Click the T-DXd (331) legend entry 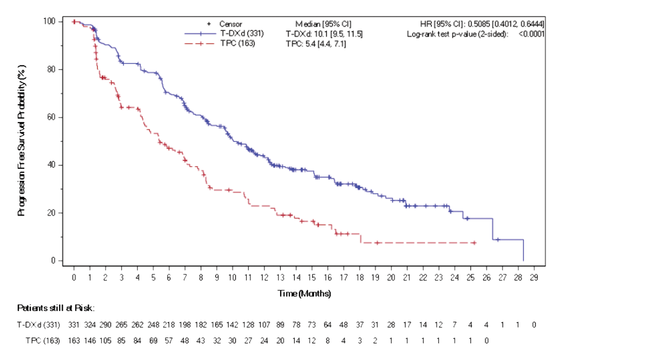[242, 33]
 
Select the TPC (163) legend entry [237, 43]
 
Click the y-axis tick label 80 [51, 69]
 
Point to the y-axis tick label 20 [51, 213]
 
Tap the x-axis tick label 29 [534, 278]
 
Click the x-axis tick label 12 [264, 278]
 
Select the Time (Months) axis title [304, 294]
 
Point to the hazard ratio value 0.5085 [478, 24]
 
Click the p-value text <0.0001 [531, 34]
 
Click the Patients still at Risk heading [56, 308]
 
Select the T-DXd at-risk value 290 [105, 325]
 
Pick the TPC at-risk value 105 [105, 341]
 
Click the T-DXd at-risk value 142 [232, 325]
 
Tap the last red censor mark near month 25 [474, 243]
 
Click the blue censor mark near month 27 [498, 240]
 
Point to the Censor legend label [230, 24]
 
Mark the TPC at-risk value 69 [153, 341]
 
